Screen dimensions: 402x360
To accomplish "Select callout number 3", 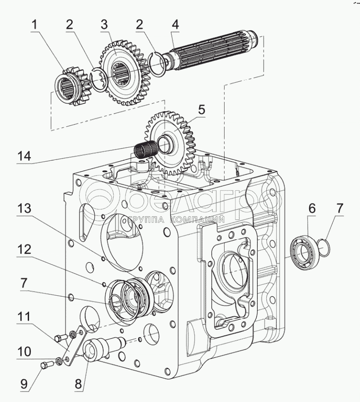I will point(105,25).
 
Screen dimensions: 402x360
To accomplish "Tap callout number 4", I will point(175,25).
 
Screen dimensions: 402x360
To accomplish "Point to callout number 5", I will point(201,110).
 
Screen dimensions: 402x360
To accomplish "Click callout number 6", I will point(312,208).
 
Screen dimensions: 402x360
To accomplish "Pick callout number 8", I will point(78,383).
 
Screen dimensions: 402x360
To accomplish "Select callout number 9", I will point(25,384).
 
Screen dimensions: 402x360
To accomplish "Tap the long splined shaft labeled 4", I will point(214,50).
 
